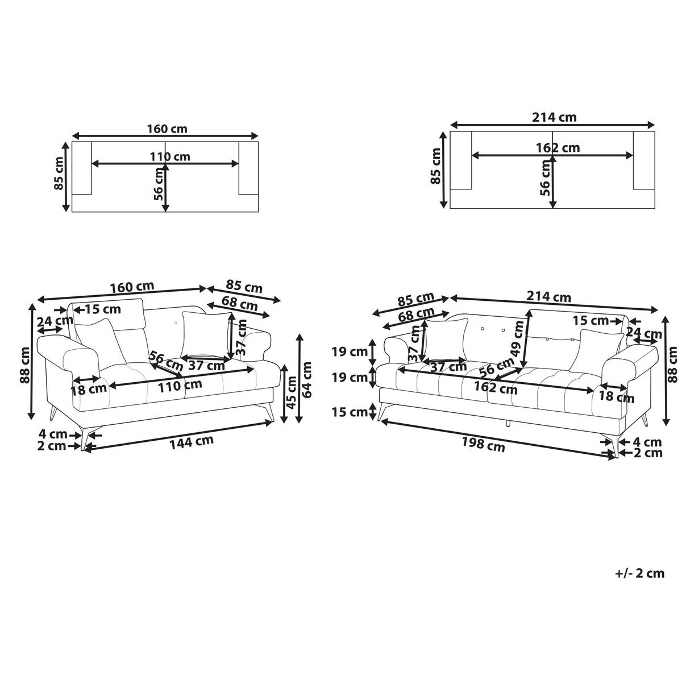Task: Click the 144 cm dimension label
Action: (192, 442)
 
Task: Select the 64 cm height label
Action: (307, 380)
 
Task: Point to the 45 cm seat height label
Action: (291, 392)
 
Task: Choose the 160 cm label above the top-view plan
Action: (167, 129)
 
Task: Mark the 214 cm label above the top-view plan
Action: (554, 117)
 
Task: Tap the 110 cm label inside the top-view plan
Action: (170, 156)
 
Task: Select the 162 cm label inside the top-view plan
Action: (558, 147)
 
